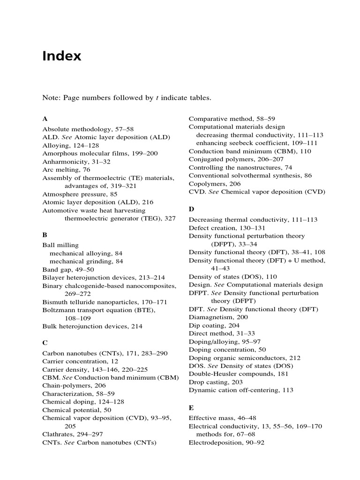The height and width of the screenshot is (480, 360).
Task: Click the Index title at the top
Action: click(x=61, y=56)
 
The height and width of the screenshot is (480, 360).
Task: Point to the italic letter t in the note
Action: click(x=157, y=98)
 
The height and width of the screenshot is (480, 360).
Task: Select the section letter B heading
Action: click(x=45, y=234)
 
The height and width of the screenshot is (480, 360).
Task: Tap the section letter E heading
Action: click(x=191, y=408)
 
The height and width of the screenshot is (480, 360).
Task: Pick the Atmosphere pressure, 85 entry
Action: click(x=80, y=194)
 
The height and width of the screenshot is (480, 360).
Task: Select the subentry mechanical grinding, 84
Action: click(x=86, y=261)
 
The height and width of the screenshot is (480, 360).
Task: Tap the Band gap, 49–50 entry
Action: click(x=68, y=270)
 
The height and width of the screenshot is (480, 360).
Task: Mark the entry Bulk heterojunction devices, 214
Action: click(x=92, y=326)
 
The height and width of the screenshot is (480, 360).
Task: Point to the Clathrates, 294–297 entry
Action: click(x=73, y=434)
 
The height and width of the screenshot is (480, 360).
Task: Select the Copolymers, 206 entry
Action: click(x=214, y=184)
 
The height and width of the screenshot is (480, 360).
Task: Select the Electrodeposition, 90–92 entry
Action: click(x=226, y=442)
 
